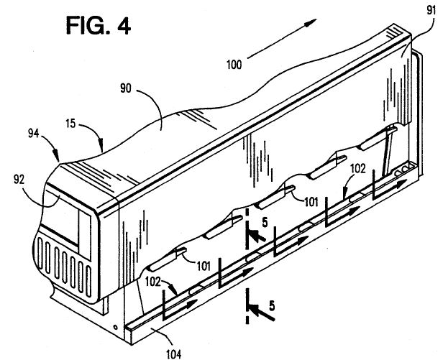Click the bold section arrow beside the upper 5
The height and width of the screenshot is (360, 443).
(255, 236)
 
